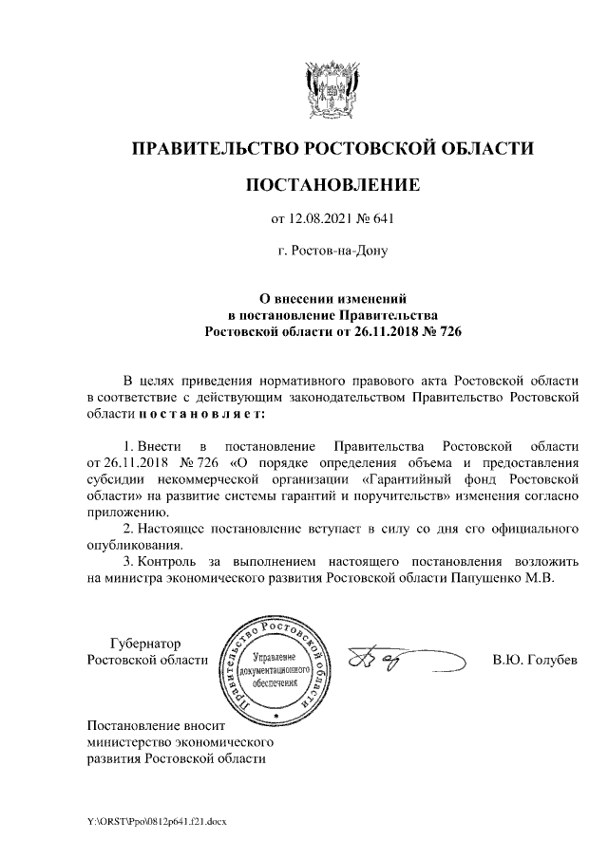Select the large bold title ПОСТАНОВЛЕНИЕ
pyautogui.click(x=332, y=184)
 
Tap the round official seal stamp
pyautogui.click(x=275, y=663)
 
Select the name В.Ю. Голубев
pyautogui.click(x=535, y=660)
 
